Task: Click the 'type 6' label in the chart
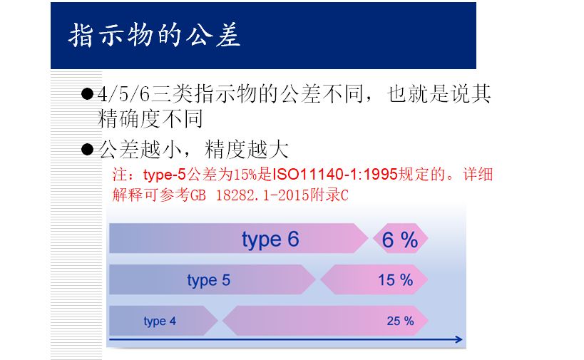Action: point(270,239)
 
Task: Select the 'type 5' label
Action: point(209,280)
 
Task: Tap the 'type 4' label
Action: point(160,321)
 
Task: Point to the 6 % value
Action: point(400,240)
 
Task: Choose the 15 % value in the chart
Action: point(396,280)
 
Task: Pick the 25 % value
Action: point(400,321)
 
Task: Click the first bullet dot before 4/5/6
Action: point(88,94)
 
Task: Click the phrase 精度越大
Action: point(246,150)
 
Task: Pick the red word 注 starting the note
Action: point(120,175)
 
